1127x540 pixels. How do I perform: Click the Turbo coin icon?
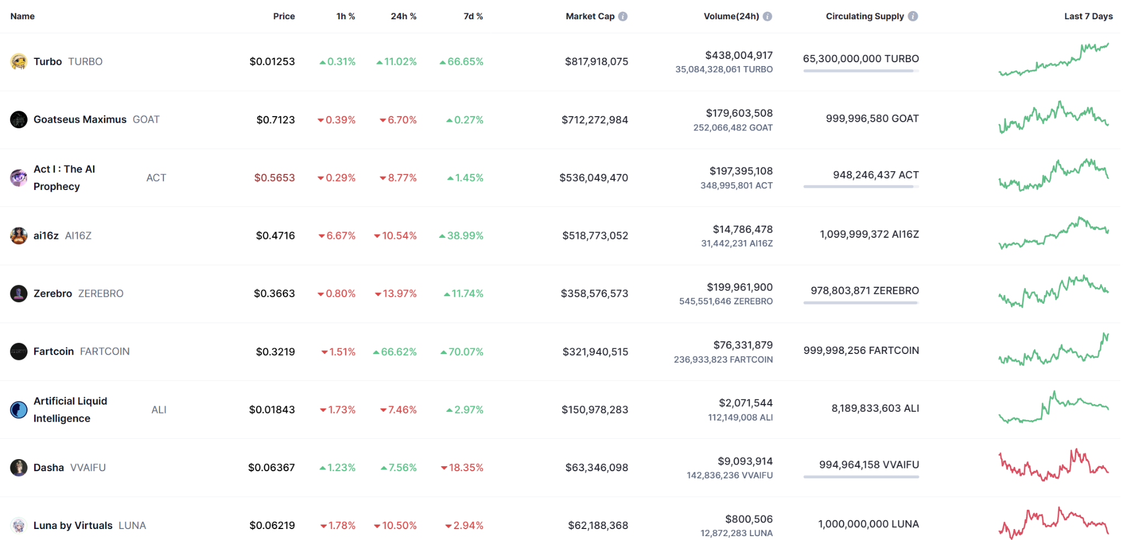[x=19, y=62]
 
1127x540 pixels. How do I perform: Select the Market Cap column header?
[x=590, y=17]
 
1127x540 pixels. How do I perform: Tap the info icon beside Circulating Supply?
[x=913, y=17]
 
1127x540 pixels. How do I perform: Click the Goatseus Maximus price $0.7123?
[x=275, y=120]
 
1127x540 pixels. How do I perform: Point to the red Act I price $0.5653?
[x=274, y=178]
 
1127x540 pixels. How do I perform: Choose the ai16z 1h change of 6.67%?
[x=337, y=236]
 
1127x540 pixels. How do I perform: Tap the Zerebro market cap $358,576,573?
[x=594, y=294]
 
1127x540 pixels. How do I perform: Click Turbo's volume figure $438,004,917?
[x=739, y=56]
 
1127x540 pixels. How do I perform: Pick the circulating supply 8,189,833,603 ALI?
[x=875, y=408]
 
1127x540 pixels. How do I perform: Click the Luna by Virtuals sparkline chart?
[x=1053, y=523]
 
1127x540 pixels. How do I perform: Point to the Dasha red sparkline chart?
[x=1053, y=466]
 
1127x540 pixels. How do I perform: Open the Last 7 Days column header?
[x=1088, y=17]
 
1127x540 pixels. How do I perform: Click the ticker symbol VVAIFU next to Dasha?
[x=88, y=468]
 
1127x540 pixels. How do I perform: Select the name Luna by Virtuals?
[x=73, y=526]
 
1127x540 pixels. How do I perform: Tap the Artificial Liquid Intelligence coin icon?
[x=19, y=410]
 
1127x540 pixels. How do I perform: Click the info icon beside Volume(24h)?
[x=768, y=17]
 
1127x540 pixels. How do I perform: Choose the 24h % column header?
[x=403, y=17]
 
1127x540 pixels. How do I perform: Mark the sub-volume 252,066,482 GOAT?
[x=732, y=128]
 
